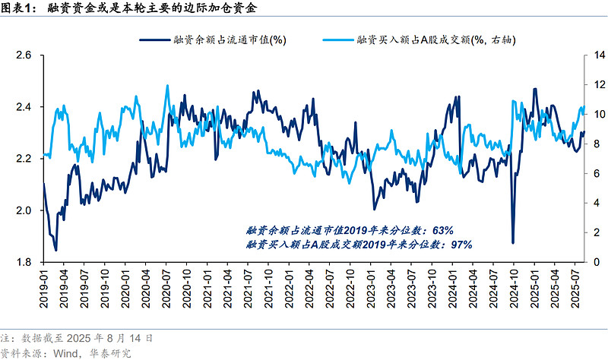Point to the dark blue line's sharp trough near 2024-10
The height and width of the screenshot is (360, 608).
tap(512, 243)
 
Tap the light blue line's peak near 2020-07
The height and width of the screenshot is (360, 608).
tap(167, 85)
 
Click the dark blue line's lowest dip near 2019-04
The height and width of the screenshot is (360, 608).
tap(55, 250)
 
